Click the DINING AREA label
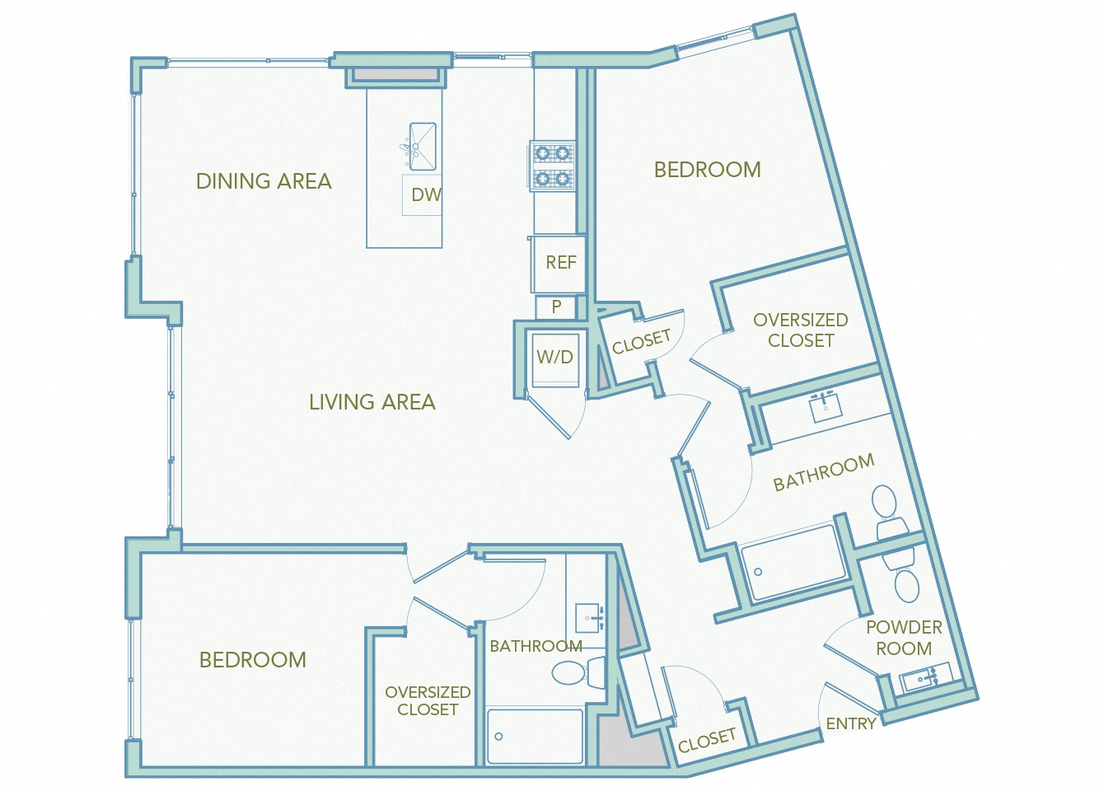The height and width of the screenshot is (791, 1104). click(264, 181)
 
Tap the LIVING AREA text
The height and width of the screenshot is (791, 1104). click(372, 402)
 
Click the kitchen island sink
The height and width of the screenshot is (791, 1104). click(422, 147)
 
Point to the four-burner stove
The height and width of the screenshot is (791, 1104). click(552, 166)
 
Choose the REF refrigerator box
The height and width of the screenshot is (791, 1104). click(560, 263)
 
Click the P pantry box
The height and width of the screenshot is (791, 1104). click(557, 307)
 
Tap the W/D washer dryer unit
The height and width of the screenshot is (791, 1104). click(555, 358)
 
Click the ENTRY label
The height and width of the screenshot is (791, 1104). click(850, 723)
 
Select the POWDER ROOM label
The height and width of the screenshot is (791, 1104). click(904, 638)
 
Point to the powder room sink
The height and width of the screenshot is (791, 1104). click(921, 680)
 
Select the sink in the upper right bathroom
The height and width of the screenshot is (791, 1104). click(825, 407)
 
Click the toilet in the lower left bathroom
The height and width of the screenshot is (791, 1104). click(577, 672)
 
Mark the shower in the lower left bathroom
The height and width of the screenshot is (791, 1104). click(535, 736)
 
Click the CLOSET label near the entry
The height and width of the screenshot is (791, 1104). click(706, 740)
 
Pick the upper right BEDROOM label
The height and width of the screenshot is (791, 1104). click(707, 170)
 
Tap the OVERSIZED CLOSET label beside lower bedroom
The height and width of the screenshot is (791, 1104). click(428, 700)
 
